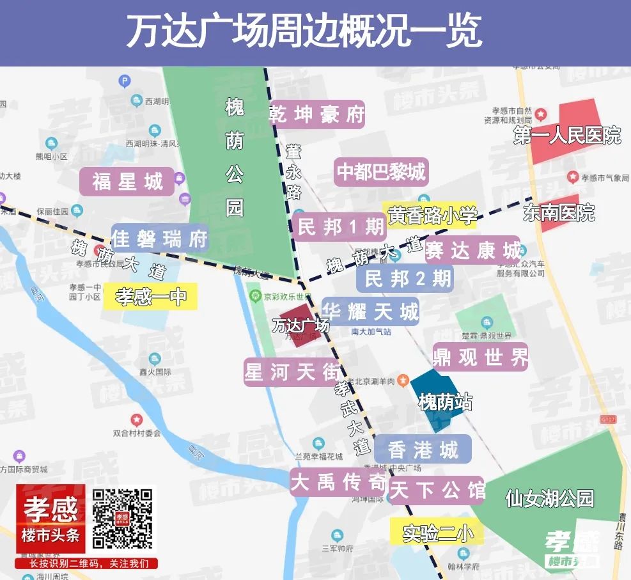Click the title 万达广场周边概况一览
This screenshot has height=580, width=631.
point(304,32)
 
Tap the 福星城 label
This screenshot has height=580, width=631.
point(127,182)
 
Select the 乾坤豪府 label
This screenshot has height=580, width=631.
point(316,114)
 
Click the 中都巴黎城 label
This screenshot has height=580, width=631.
point(380,172)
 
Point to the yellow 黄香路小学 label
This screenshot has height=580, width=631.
point(432,216)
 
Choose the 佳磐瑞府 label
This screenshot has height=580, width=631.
point(160,239)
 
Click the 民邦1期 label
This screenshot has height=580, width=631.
point(340,227)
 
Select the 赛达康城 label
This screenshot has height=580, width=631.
point(473,250)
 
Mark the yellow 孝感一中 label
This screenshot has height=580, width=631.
point(151,297)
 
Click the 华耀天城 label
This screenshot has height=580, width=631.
point(371,311)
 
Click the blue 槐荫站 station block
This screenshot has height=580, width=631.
point(439,399)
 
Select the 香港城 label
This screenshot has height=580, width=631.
point(423,450)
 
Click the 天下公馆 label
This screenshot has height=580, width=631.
point(437,490)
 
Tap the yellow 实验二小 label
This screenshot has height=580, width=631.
point(437,533)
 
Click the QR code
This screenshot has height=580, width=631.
point(123,519)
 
